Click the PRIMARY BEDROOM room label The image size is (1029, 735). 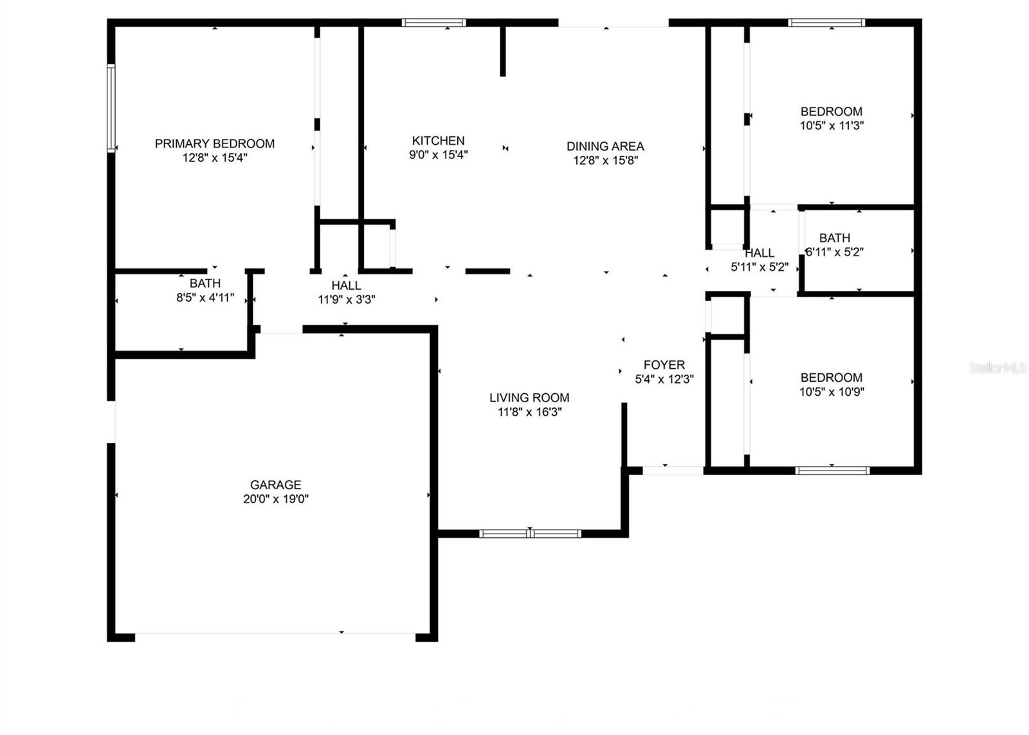tap(215, 144)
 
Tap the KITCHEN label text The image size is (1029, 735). tap(438, 141)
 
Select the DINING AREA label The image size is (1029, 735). tap(605, 146)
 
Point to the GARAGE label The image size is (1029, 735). tap(276, 485)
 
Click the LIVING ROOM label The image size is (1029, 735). tap(529, 398)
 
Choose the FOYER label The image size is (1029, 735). tap(664, 365)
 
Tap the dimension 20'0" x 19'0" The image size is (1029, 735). tap(276, 499)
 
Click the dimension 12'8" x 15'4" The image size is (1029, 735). tap(215, 158)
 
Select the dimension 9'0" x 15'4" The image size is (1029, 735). tap(438, 154)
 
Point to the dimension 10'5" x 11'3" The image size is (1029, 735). tap(832, 126)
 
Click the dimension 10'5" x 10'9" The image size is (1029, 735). tap(832, 391)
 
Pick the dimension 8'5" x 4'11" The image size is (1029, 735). tap(205, 298)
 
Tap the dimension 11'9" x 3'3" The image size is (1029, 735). tap(347, 300)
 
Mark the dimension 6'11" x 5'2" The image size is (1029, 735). tap(835, 252)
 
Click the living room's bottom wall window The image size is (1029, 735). tap(530, 534)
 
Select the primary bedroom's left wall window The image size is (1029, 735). tap(111, 109)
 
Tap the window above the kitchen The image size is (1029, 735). tap(433, 23)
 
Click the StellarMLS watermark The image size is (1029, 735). tap(997, 367)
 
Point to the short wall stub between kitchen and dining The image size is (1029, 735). tap(502, 51)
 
